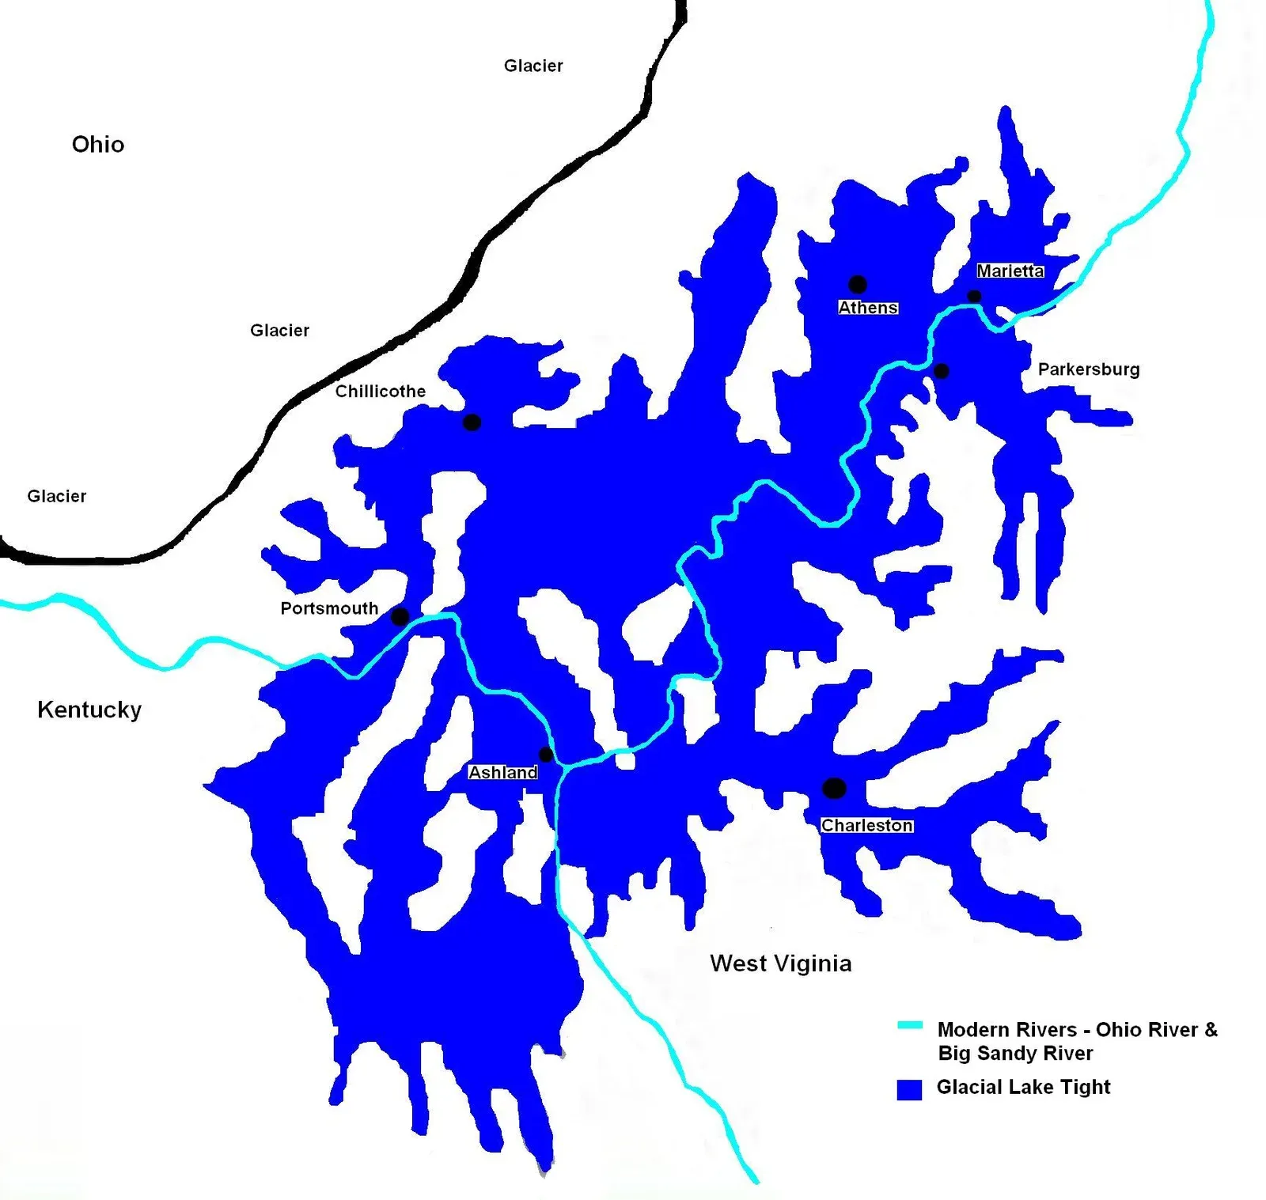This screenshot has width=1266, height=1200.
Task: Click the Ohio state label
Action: [x=98, y=144]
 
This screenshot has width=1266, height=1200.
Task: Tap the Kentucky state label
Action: [x=89, y=710]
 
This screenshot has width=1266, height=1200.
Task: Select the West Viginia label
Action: [x=780, y=963]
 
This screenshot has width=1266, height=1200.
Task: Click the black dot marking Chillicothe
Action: [x=472, y=422]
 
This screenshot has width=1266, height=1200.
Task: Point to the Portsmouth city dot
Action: [x=400, y=616]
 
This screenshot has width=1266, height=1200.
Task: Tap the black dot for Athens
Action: [x=858, y=284]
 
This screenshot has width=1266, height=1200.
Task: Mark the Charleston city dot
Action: [x=834, y=788]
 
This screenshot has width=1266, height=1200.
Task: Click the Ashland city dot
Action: [x=546, y=754]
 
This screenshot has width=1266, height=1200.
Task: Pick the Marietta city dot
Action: [x=975, y=297]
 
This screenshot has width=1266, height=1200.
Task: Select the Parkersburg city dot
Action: [x=942, y=370]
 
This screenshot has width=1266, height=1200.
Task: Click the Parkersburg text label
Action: [x=1089, y=369]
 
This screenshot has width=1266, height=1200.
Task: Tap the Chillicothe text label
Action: [x=380, y=392]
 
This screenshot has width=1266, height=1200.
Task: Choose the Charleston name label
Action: [x=867, y=825]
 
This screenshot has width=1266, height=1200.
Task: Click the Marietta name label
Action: [x=1010, y=271]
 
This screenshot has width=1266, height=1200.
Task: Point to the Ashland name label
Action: [x=503, y=772]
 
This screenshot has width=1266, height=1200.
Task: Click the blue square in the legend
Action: [x=909, y=1089]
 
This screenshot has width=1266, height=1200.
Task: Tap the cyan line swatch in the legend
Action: [x=910, y=1026]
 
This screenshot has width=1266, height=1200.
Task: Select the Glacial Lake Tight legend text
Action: [x=1023, y=1087]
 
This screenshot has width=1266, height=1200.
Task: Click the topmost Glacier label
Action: [x=533, y=66]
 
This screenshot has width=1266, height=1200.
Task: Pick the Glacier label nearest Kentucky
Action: [x=57, y=496]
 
